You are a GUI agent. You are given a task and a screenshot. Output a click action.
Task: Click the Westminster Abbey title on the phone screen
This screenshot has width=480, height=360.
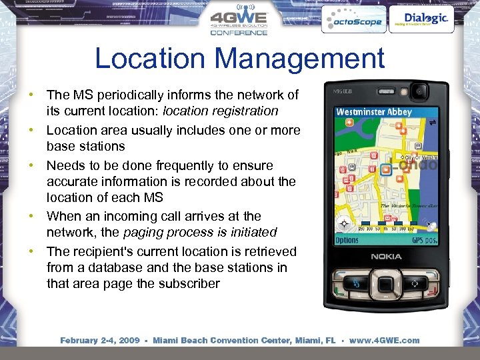(x=374, y=112)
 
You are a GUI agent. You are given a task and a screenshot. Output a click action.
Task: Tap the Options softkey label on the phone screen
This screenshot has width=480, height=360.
(x=347, y=239)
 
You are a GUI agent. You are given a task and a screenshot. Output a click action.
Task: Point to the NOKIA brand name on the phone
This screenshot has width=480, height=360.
(x=387, y=256)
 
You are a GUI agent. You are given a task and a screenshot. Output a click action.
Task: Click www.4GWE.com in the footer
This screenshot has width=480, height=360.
(x=384, y=340)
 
